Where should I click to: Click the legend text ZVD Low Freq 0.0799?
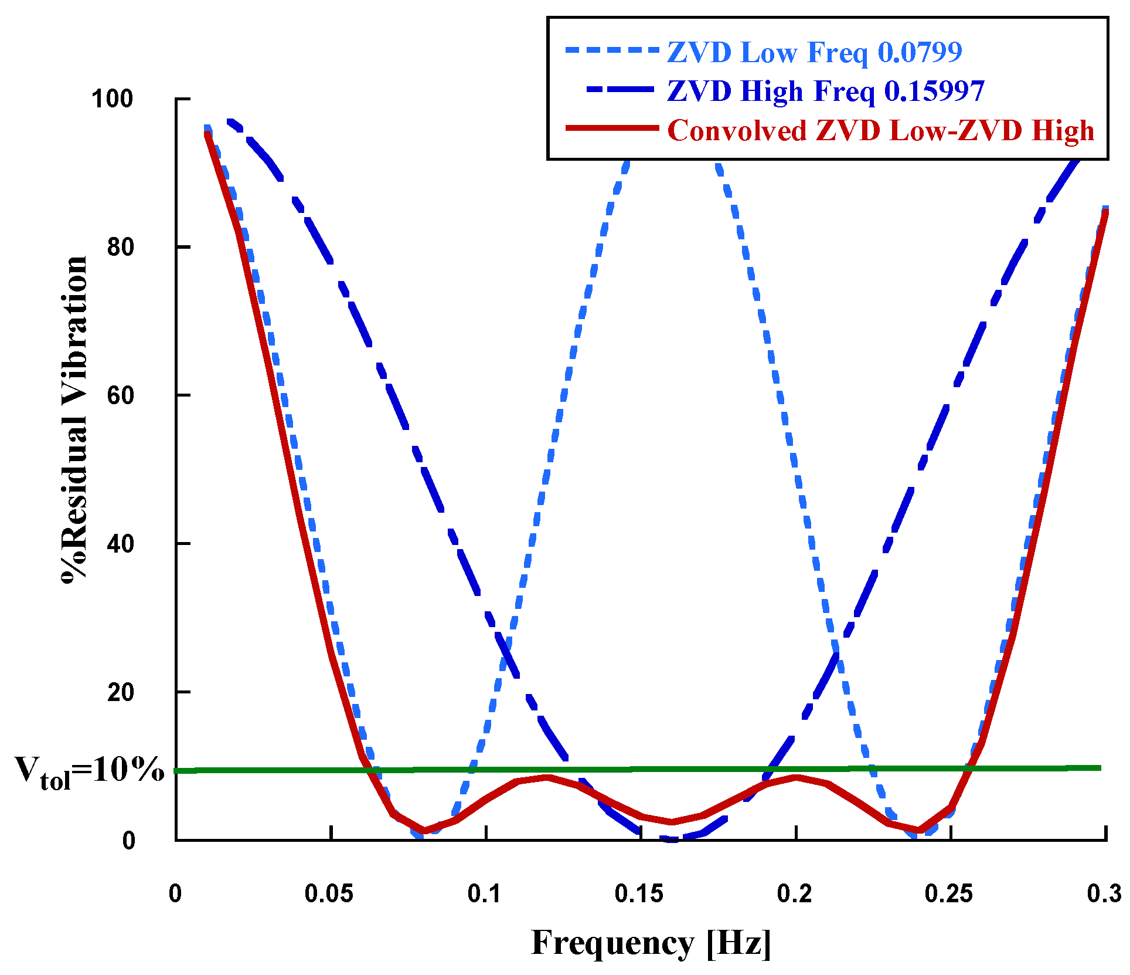[x=814, y=53]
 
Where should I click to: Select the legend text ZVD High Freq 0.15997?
[x=825, y=92]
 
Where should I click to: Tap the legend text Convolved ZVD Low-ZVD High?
[x=880, y=130]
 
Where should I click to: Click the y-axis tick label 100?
[x=113, y=99]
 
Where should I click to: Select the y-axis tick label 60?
[x=121, y=395]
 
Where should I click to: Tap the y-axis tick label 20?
[x=121, y=692]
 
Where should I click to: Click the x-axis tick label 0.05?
[x=329, y=893]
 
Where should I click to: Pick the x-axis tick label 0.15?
[x=639, y=893]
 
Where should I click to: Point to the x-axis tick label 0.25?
[x=948, y=893]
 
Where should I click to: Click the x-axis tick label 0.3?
[x=1104, y=893]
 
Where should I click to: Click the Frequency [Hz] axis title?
[x=651, y=943]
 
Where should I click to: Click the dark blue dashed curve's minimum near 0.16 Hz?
[x=672, y=839]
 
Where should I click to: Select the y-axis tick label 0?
[x=128, y=841]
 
